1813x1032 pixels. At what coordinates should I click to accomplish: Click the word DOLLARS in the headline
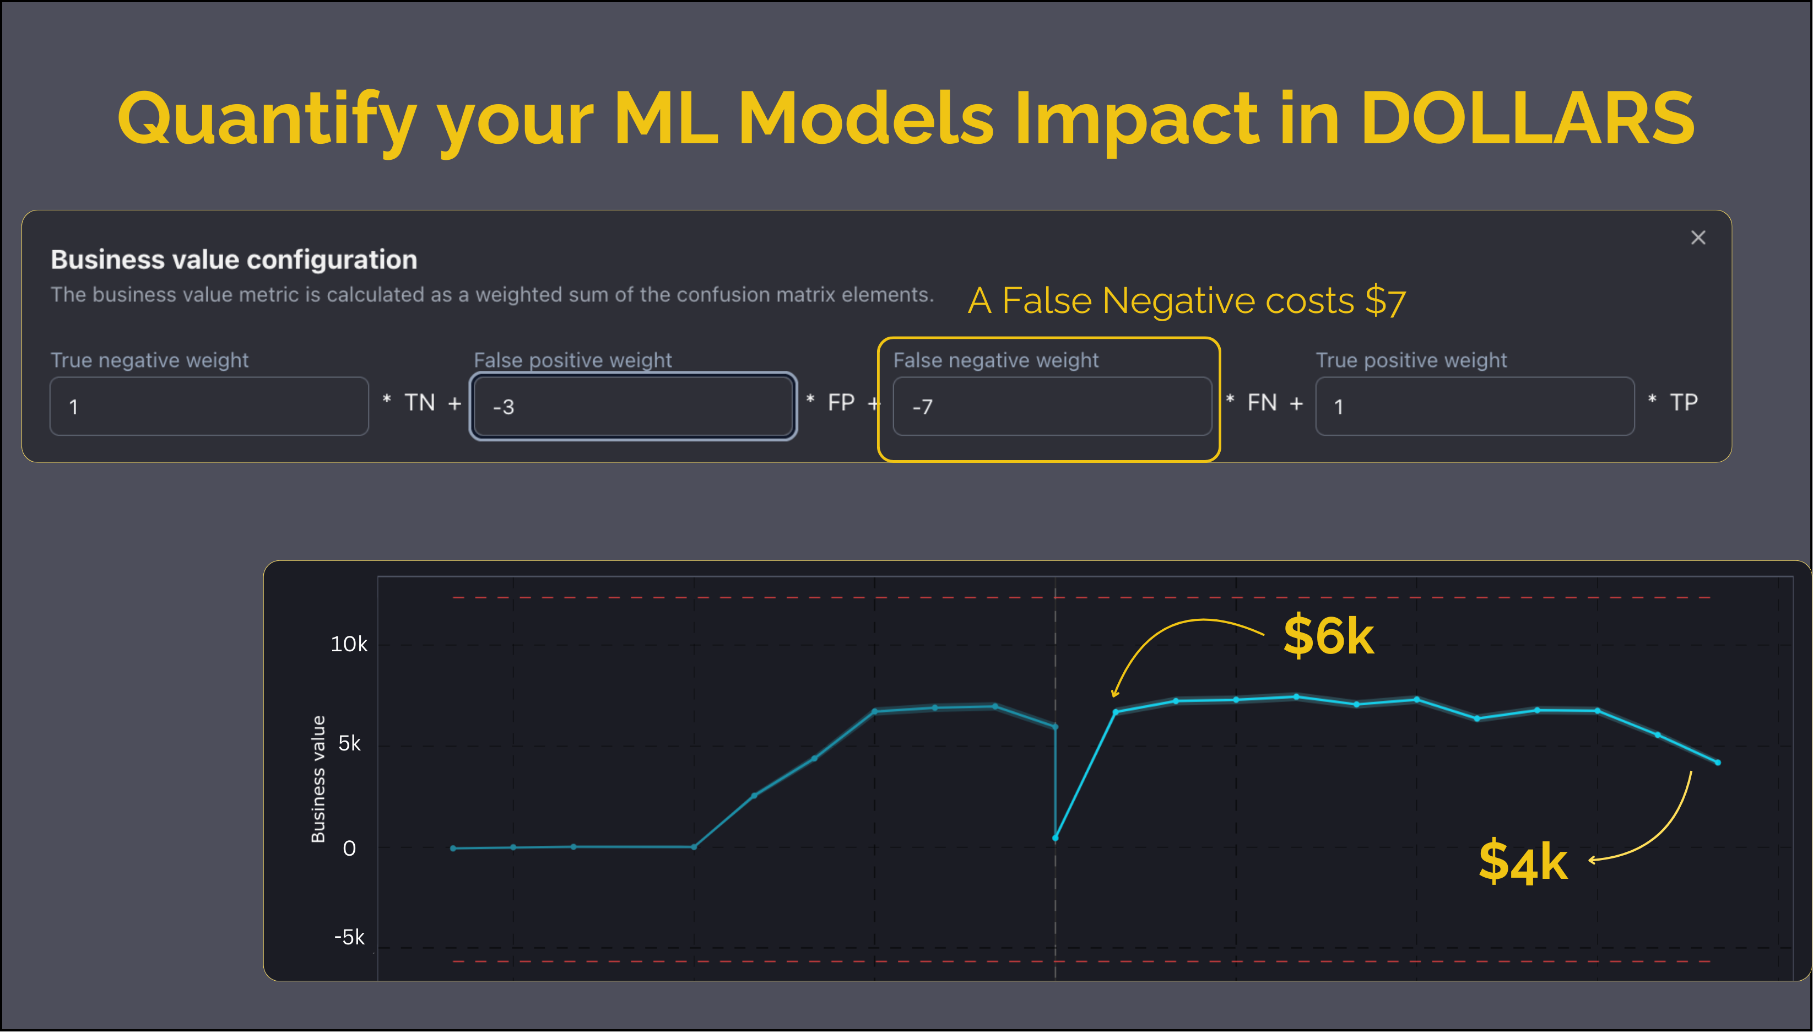[1527, 118]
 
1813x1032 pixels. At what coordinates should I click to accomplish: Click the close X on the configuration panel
[1697, 237]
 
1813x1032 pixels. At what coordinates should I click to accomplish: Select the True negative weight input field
[209, 406]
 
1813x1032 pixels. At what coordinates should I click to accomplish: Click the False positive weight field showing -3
[632, 406]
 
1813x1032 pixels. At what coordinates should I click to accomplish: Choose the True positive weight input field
[1474, 406]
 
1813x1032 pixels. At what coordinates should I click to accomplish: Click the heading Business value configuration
[234, 260]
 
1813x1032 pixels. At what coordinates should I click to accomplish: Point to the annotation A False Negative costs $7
[1187, 300]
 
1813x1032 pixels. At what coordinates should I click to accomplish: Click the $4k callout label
[1523, 862]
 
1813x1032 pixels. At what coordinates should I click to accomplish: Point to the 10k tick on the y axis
[349, 644]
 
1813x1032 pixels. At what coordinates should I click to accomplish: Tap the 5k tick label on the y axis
[349, 743]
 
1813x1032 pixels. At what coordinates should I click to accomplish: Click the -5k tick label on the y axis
[349, 937]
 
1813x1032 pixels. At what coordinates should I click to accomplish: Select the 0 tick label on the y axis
[349, 849]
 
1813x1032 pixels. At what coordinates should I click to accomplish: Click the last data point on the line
[1717, 763]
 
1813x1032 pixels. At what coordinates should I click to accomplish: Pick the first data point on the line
[453, 848]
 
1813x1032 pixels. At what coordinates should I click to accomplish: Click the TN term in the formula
[419, 403]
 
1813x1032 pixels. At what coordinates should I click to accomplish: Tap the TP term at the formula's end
[1684, 403]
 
